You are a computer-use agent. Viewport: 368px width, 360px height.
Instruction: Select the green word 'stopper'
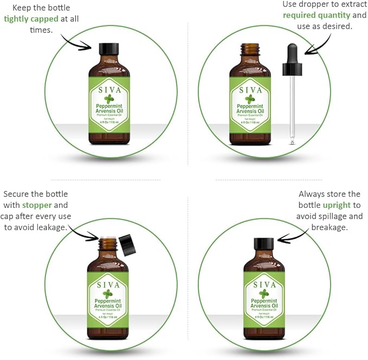pos(37,205)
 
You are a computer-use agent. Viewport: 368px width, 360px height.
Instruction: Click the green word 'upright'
pos(337,205)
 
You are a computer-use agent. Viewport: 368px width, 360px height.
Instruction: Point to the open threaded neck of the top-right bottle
pos(250,52)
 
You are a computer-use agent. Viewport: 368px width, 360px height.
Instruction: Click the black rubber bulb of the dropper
pos(292,60)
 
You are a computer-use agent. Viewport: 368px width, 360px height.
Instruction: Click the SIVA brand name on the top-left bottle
pos(109,89)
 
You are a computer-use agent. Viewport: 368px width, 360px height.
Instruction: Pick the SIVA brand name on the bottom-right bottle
pos(264,285)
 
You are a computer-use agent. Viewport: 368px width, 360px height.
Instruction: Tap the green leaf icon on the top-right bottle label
pos(250,99)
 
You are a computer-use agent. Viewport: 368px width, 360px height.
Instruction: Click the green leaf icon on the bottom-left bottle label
pos(108,294)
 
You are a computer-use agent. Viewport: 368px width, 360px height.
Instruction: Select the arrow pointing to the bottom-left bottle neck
pos(84,233)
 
